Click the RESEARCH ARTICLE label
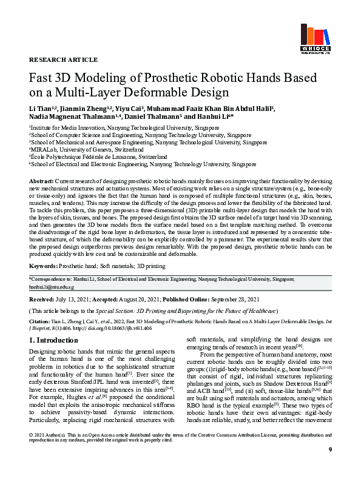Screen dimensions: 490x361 (63, 60)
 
